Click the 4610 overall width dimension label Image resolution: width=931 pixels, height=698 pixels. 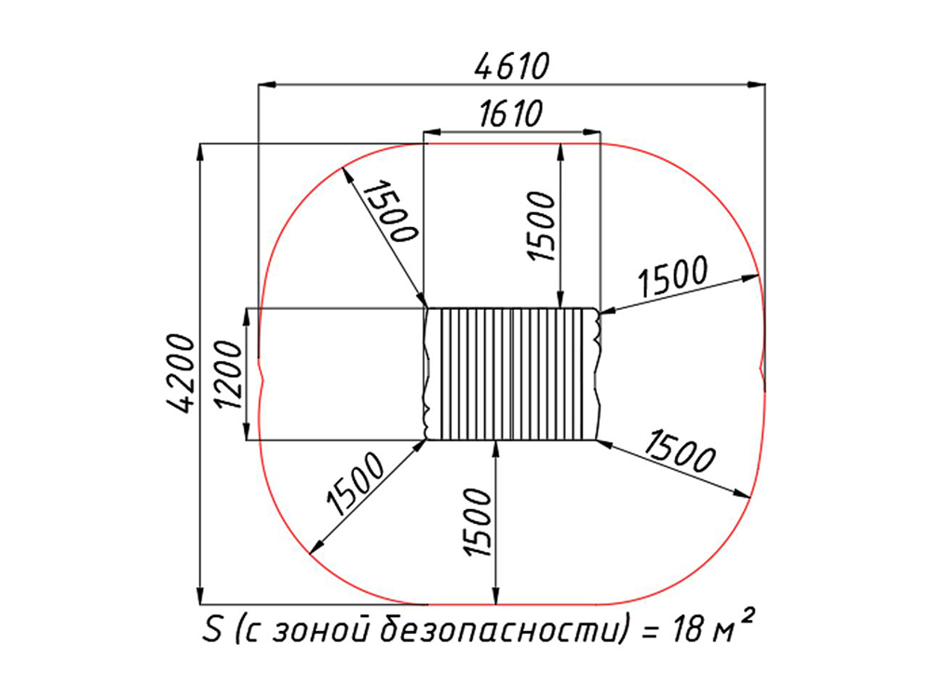512,65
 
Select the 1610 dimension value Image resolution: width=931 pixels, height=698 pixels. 510,114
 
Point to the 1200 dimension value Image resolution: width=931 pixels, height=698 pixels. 230,374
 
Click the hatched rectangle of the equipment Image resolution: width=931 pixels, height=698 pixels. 512,374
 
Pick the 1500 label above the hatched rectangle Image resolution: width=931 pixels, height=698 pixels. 541,225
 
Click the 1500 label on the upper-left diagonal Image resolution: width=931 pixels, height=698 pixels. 390,210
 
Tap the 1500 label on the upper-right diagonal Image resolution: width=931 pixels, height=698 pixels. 673,276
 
